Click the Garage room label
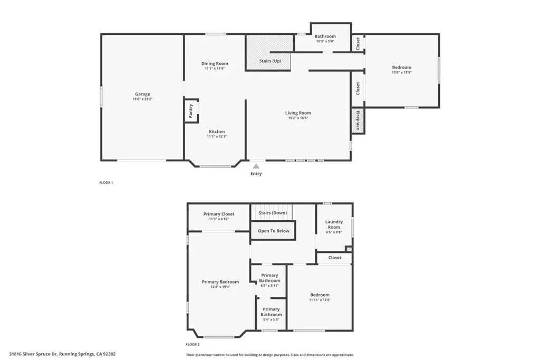(142, 94)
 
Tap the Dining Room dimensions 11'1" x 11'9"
(215, 69)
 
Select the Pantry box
(191, 111)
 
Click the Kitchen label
(217, 132)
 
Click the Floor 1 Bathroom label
(325, 36)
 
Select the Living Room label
(298, 113)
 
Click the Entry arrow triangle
(256, 166)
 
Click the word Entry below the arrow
(256, 173)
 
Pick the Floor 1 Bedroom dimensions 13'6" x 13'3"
(401, 73)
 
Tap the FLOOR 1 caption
(107, 182)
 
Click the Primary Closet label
(219, 214)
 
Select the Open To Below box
(273, 231)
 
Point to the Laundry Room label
(334, 225)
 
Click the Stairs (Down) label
(272, 213)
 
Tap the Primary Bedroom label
(220, 282)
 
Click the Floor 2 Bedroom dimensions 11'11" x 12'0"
(320, 300)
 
